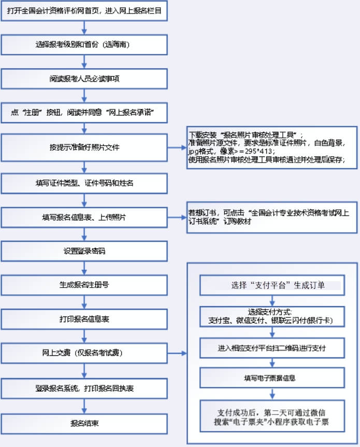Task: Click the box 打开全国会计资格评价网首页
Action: pyautogui.click(x=84, y=11)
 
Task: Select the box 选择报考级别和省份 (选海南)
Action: pyautogui.click(x=84, y=45)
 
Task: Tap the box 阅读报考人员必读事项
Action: pyautogui.click(x=84, y=79)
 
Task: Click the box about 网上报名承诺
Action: pyautogui.click(x=84, y=112)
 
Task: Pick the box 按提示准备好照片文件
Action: pyautogui.click(x=84, y=147)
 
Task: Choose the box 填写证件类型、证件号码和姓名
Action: pyautogui.click(x=84, y=183)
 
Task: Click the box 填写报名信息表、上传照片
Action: pyautogui.click(x=84, y=217)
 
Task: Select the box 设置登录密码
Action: pyautogui.click(x=84, y=251)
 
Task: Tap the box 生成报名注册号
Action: pyautogui.click(x=84, y=285)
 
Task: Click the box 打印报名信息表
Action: pyautogui.click(x=84, y=319)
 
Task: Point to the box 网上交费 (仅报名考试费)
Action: pyautogui.click(x=84, y=353)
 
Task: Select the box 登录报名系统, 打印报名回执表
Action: pyautogui.click(x=84, y=388)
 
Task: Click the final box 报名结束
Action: pyautogui.click(x=84, y=423)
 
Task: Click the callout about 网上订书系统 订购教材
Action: pyautogui.click(x=272, y=217)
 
